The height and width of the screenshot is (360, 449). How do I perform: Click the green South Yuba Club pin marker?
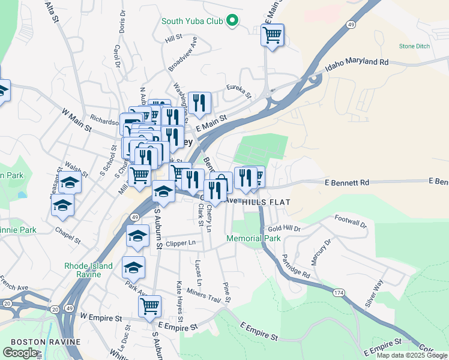[232, 22]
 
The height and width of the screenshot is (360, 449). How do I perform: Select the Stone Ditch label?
[415, 46]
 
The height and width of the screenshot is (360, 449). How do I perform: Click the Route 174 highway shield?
[338, 292]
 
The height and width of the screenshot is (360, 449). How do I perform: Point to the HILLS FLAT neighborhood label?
[267, 203]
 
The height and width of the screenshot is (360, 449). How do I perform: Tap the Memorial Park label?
[253, 238]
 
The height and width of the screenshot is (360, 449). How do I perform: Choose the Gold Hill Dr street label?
[284, 229]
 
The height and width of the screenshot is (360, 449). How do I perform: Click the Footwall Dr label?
[350, 221]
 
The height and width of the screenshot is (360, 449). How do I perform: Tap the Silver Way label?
[374, 294]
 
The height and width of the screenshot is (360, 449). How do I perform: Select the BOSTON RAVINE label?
[46, 341]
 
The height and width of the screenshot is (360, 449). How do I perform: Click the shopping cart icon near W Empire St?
[149, 305]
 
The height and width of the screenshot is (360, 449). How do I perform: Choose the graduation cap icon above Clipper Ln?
[138, 236]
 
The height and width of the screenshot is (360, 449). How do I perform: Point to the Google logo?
[20, 352]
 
